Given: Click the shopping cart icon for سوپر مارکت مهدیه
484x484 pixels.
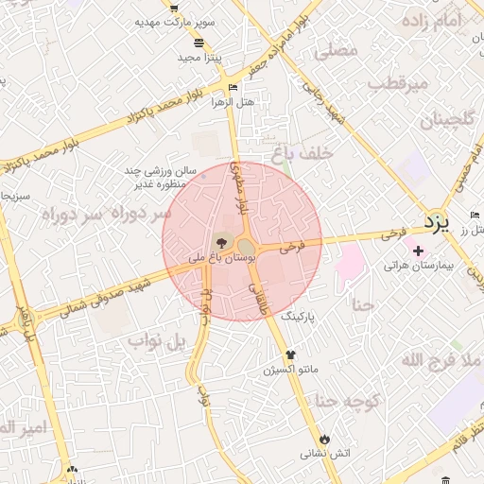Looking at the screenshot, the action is coord(175,8).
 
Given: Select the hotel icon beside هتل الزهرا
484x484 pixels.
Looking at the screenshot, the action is coord(233,87).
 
